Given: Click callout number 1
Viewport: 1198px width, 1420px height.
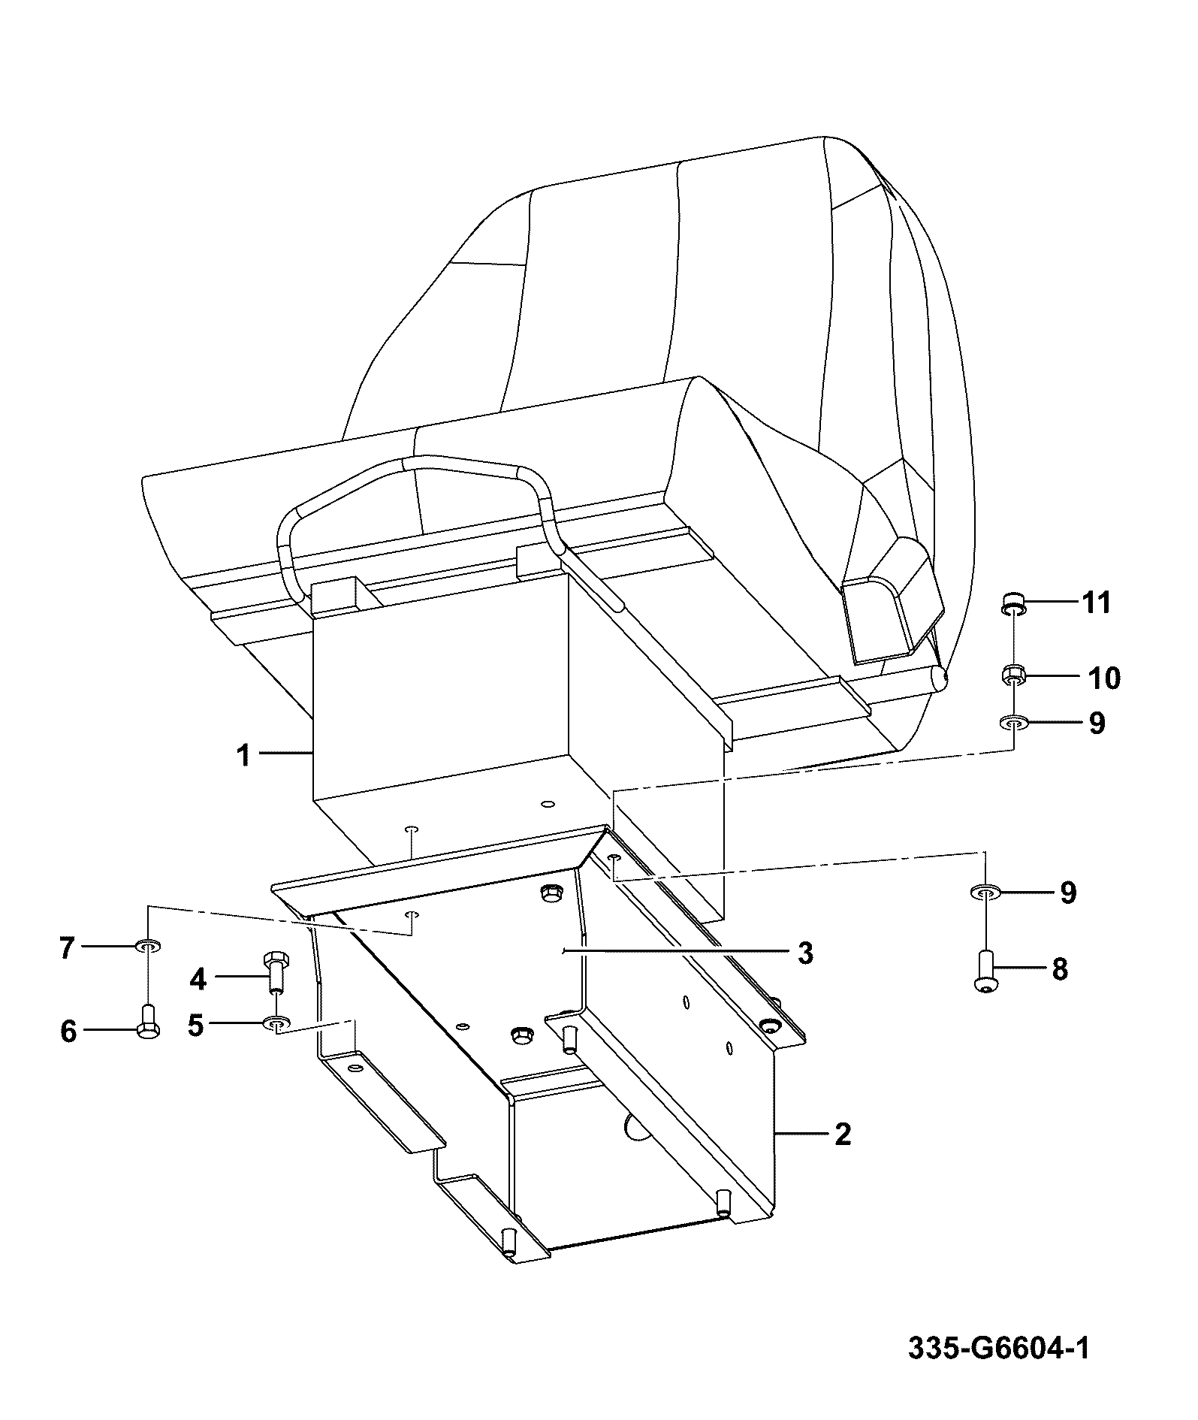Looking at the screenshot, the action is coord(243,754).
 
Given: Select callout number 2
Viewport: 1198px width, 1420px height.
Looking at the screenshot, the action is coord(843,1154).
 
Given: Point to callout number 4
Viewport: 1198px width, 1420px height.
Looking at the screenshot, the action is coord(198,979).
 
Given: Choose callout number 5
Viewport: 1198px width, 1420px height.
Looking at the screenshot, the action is coord(196,1025).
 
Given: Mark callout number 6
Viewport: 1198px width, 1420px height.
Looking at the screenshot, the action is coord(68,1032).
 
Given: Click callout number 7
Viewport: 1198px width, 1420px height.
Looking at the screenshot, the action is coord(67,948).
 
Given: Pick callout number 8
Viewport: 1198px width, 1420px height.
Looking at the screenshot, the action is coord(1060,969).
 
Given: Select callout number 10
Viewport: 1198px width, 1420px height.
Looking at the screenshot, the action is coord(1104,678).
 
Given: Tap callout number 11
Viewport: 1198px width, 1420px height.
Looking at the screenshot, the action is coord(1097,603).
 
